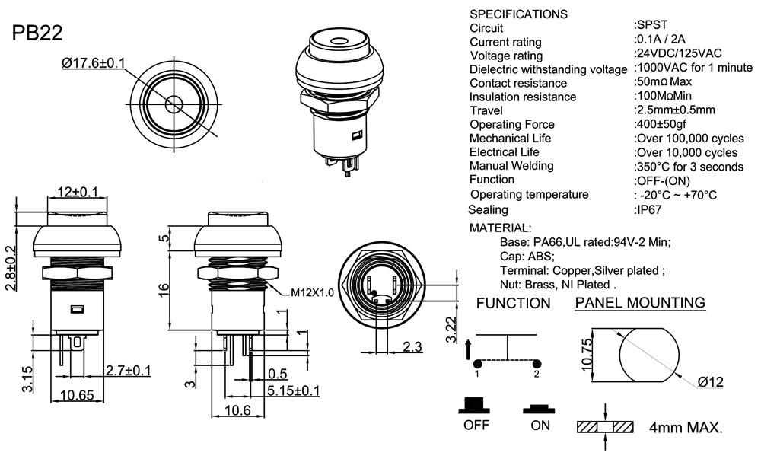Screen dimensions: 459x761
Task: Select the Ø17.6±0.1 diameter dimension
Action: [94, 63]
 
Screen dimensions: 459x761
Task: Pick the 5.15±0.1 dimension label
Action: [294, 390]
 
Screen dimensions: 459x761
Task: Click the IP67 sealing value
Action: [648, 209]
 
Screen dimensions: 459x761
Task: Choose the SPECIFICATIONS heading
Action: [518, 14]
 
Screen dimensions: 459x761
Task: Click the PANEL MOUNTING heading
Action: [639, 303]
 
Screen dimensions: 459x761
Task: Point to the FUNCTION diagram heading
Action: [513, 303]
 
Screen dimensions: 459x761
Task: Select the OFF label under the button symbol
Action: [476, 425]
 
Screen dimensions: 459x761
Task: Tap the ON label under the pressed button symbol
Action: [540, 425]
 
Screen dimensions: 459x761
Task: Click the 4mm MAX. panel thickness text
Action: [686, 428]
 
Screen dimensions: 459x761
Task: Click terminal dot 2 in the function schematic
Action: [537, 362]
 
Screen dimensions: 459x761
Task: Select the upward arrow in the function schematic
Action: [468, 350]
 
